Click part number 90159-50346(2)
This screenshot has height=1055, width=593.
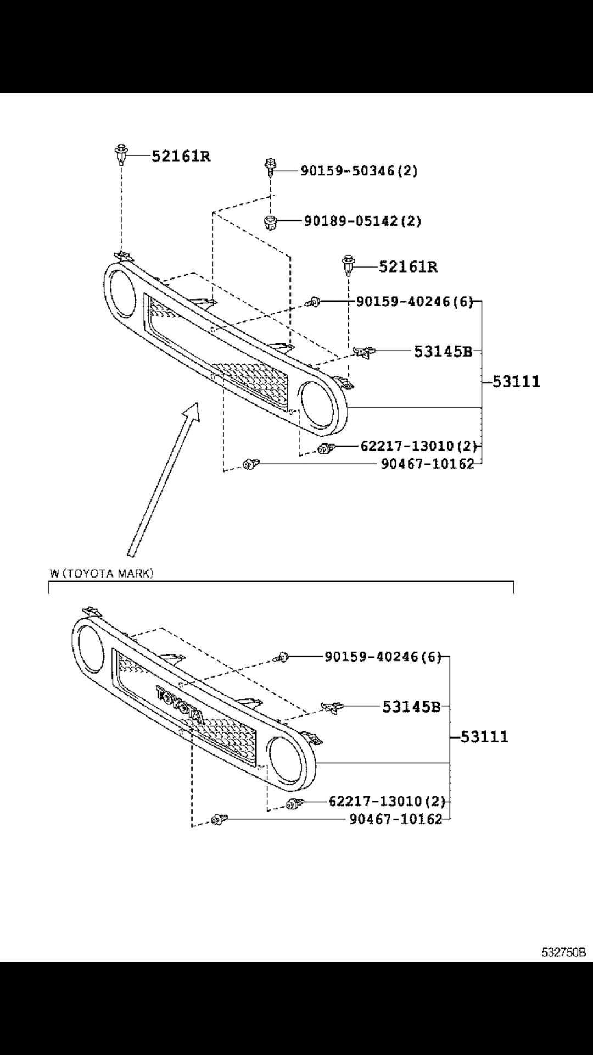[359, 171]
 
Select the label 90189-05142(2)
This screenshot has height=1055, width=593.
[362, 221]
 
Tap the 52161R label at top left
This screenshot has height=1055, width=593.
[181, 157]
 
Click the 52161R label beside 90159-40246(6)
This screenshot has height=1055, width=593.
[408, 267]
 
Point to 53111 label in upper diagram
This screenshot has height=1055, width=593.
[516, 381]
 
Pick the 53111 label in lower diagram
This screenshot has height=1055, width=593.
[484, 737]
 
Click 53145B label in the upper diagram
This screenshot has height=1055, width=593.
[443, 351]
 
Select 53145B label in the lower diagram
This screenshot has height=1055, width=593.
[411, 707]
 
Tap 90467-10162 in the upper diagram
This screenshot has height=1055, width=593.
[427, 464]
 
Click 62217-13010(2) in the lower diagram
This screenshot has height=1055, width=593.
[387, 801]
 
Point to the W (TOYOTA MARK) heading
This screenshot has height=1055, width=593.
[102, 574]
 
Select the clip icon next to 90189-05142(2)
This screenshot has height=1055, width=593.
[270, 223]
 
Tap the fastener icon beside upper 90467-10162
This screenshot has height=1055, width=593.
[250, 465]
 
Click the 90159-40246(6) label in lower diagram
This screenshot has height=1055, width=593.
[383, 657]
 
